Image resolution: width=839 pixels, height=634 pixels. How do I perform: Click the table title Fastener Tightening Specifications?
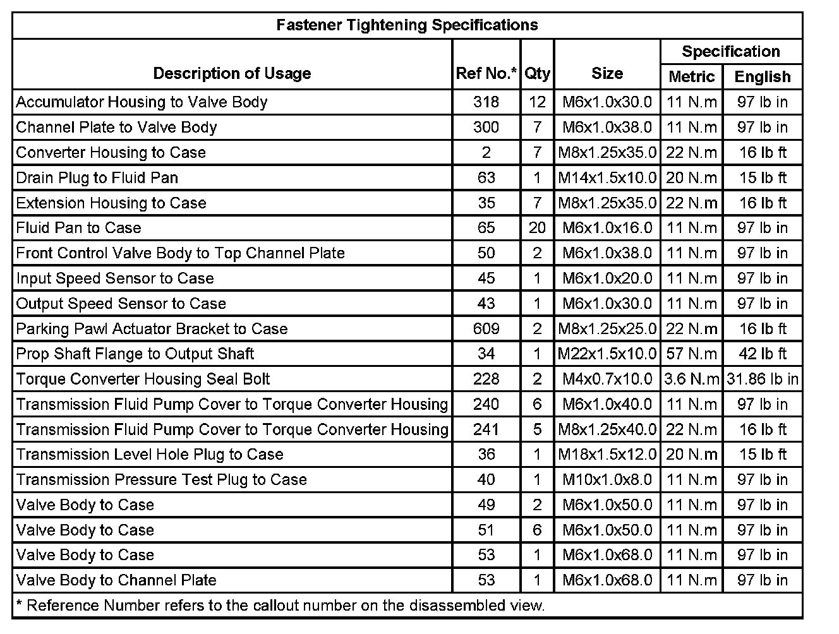click(x=407, y=25)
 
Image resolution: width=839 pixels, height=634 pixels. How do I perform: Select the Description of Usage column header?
click(x=232, y=73)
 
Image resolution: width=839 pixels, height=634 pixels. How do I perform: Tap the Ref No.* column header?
click(x=486, y=73)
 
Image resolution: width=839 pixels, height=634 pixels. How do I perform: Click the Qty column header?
click(x=537, y=73)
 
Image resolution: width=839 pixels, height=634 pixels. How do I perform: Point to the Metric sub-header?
click(x=691, y=76)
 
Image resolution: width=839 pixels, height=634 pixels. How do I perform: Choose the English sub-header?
click(x=763, y=76)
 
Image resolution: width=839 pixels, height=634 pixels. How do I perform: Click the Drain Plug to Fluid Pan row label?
click(x=97, y=177)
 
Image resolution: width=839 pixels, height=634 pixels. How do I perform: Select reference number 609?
click(x=486, y=328)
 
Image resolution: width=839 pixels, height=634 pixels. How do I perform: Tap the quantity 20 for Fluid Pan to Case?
click(x=537, y=227)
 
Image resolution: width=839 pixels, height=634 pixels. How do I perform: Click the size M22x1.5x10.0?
click(x=607, y=354)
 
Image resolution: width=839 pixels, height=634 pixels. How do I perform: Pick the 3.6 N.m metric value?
click(x=692, y=379)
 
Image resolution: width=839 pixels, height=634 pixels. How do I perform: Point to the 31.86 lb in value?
click(x=763, y=379)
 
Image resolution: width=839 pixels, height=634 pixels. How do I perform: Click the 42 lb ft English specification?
click(x=763, y=354)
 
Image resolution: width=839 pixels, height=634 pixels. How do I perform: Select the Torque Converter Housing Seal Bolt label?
click(x=143, y=379)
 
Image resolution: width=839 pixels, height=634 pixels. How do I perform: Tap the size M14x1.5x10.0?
click(x=607, y=177)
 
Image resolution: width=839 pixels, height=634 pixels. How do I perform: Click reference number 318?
click(x=486, y=102)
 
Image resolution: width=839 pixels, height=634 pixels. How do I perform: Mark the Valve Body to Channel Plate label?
click(x=116, y=580)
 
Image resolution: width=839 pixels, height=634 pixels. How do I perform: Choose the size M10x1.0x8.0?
click(x=607, y=479)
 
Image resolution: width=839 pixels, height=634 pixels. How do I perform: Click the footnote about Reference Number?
click(x=280, y=606)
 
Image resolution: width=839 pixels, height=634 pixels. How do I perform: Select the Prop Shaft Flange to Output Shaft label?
click(x=135, y=354)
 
